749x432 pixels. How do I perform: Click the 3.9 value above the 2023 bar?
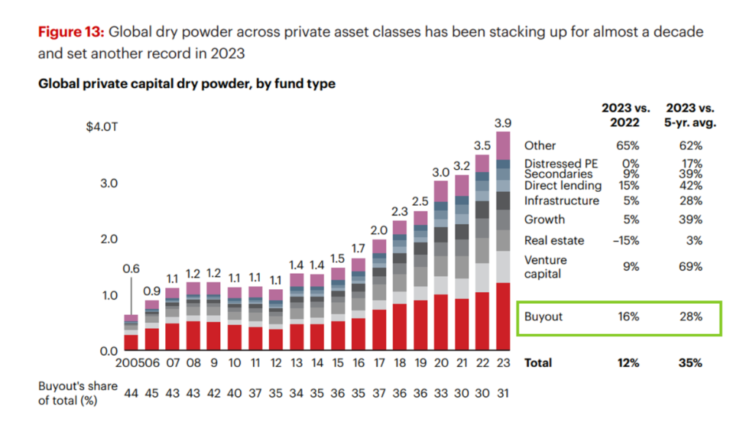(x=503, y=122)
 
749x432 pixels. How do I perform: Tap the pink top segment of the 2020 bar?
(x=440, y=190)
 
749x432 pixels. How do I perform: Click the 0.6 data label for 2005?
(x=130, y=269)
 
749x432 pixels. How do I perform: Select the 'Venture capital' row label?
(x=545, y=267)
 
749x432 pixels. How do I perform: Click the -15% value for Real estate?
(x=629, y=240)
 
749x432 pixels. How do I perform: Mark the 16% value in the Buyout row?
(x=629, y=317)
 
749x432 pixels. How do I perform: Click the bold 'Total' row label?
(x=538, y=362)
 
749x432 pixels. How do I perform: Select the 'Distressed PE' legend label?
(x=561, y=163)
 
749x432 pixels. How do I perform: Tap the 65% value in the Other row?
(x=629, y=146)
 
